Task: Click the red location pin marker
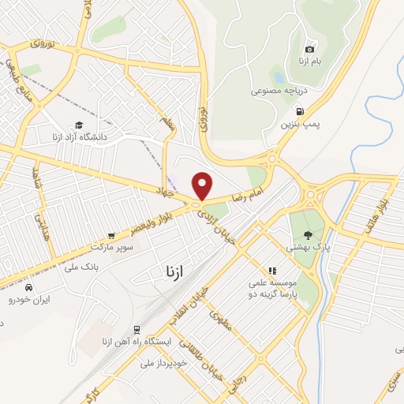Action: point(203,185)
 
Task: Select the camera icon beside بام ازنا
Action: point(309,49)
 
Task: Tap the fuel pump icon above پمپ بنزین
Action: point(290,110)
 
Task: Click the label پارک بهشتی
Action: point(309,247)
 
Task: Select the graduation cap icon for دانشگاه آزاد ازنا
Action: point(79,125)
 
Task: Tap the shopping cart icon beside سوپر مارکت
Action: point(111,235)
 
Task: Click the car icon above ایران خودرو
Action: point(28,287)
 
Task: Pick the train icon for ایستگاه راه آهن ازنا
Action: point(138,329)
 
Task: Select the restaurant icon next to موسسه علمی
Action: point(273,271)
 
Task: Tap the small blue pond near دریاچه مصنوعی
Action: point(279,77)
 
